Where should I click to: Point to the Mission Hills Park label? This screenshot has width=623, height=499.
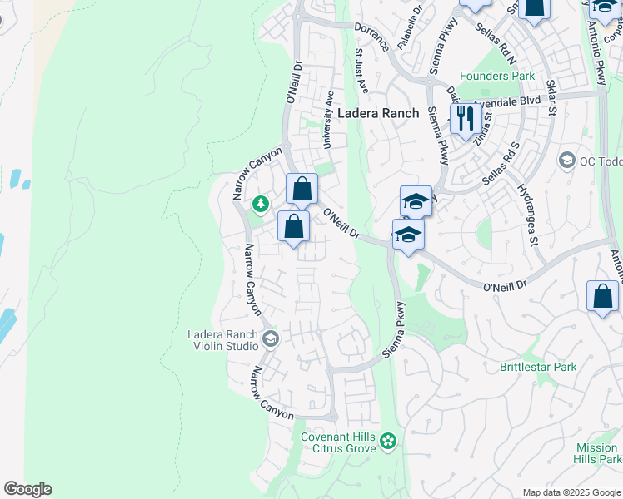(x=598, y=453)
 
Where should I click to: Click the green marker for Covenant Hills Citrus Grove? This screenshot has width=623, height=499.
(x=387, y=439)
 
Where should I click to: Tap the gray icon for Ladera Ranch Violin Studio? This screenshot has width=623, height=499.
(x=270, y=338)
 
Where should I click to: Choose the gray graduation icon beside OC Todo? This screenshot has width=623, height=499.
(x=567, y=160)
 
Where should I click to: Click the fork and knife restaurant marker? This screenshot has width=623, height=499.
(x=465, y=118)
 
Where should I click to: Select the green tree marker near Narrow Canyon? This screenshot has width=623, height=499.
(x=261, y=203)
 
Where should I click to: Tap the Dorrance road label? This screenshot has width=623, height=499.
(x=372, y=36)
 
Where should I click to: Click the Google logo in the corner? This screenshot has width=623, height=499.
(x=27, y=489)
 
